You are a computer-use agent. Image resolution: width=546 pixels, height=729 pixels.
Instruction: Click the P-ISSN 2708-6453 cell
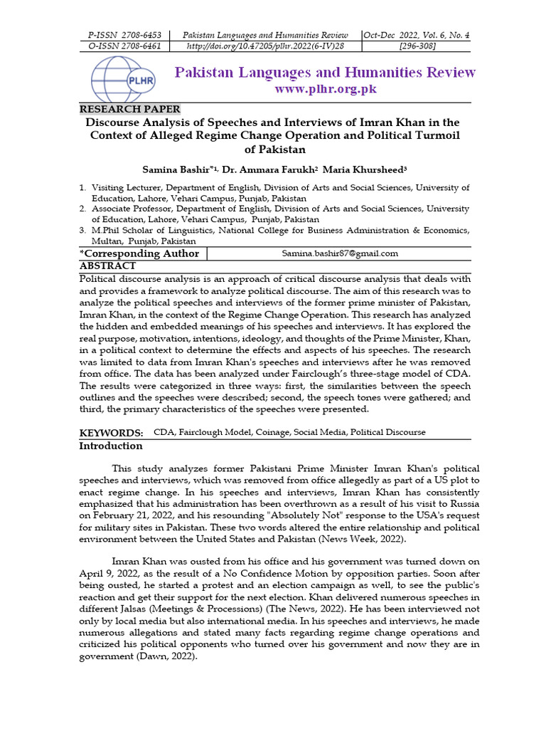(124, 35)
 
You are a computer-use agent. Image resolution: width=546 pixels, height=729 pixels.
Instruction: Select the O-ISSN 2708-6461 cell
(124, 46)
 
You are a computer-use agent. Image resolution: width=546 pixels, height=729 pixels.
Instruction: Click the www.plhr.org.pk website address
(325, 89)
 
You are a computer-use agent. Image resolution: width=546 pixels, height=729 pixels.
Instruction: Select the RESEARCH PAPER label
(129, 109)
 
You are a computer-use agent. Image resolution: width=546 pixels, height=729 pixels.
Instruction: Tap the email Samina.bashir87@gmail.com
(341, 253)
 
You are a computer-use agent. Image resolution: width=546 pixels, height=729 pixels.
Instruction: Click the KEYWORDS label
(111, 432)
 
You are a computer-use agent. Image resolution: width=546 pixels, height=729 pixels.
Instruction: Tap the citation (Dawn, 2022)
(164, 656)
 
